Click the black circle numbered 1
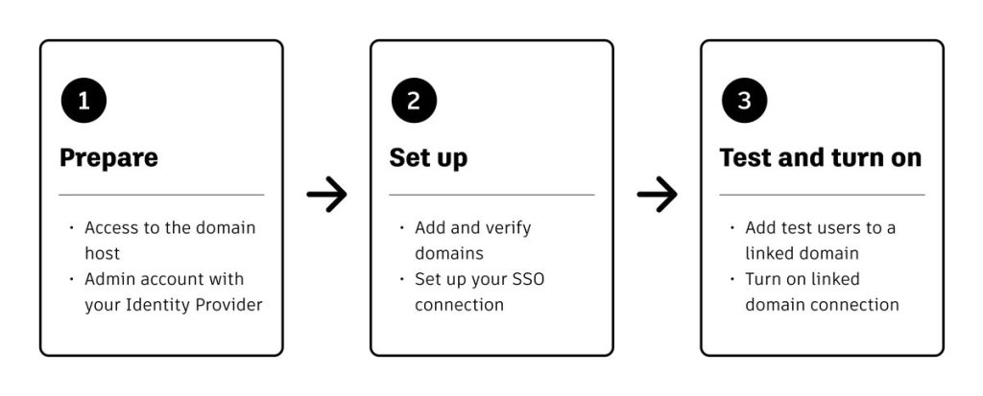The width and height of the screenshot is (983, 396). pyautogui.click(x=84, y=101)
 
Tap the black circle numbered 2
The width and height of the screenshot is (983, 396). pyautogui.click(x=414, y=101)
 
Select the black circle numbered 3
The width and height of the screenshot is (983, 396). pyautogui.click(x=744, y=101)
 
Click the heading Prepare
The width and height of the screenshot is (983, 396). pyautogui.click(x=109, y=158)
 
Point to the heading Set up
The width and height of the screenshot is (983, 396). pyautogui.click(x=428, y=158)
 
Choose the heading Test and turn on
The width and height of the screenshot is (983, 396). pyautogui.click(x=821, y=157)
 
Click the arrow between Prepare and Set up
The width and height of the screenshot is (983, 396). pyautogui.click(x=326, y=195)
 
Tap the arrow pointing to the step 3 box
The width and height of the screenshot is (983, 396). pyautogui.click(x=657, y=195)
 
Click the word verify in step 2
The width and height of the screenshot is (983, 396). pyautogui.click(x=507, y=229)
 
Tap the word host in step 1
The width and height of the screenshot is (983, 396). pyautogui.click(x=102, y=254)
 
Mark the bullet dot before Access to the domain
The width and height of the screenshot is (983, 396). pyautogui.click(x=71, y=227)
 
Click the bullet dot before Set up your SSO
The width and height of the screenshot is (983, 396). pyautogui.click(x=402, y=279)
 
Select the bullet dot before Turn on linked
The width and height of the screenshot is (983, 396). pyautogui.click(x=731, y=279)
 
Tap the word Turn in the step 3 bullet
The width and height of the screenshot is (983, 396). pyautogui.click(x=760, y=279)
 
